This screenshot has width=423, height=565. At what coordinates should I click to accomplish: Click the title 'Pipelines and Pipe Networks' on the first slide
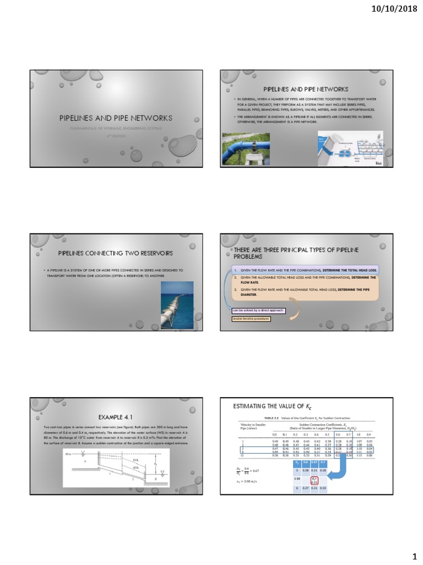point(116,118)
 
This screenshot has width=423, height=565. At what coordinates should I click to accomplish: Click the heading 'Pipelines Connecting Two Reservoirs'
point(116,253)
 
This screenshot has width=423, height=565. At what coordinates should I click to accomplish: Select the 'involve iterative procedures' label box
point(251,318)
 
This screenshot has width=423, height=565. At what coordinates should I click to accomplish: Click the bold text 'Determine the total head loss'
point(350,269)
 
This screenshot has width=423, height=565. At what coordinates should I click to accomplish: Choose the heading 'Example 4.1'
point(116,417)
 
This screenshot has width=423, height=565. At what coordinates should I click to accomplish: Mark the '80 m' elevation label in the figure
point(69,454)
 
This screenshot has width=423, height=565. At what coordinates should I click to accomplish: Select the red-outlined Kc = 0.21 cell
point(314,480)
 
